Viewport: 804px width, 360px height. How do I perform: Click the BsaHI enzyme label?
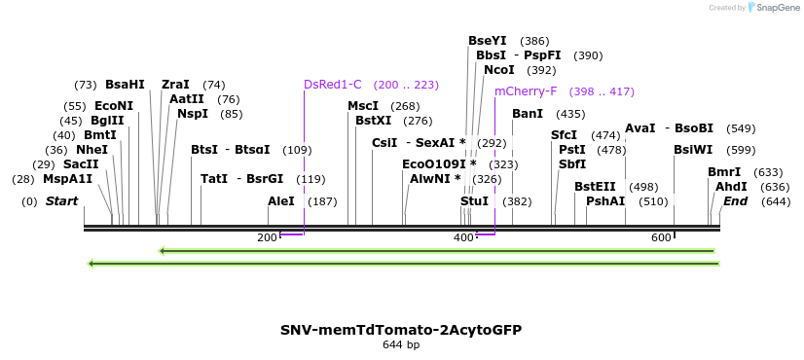tap(125, 85)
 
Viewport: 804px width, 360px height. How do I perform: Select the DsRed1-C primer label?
tap(333, 85)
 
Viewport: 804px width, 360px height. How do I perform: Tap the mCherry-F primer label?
tap(526, 91)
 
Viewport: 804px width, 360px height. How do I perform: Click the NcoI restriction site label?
tap(499, 70)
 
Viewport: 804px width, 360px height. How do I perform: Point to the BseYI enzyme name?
tap(488, 41)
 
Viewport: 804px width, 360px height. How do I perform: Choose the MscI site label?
tap(363, 106)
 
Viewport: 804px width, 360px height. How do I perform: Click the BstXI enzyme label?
tap(374, 121)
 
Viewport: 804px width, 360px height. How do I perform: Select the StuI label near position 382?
tap(474, 201)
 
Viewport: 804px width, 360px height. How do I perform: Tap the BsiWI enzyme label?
tap(693, 150)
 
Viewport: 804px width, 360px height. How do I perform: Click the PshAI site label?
tap(605, 201)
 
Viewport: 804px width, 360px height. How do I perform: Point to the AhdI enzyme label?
tap(731, 187)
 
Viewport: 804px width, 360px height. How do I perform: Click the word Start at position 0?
tap(62, 201)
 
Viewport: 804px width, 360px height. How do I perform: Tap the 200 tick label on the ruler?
tap(267, 238)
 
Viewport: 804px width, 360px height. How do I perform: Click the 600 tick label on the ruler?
tap(661, 238)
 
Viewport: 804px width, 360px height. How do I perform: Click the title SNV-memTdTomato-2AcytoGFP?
tap(401, 330)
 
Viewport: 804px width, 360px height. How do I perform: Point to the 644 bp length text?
tap(401, 345)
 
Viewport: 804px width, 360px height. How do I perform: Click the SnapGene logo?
tap(774, 8)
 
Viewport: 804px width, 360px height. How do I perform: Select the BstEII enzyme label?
tap(595, 187)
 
